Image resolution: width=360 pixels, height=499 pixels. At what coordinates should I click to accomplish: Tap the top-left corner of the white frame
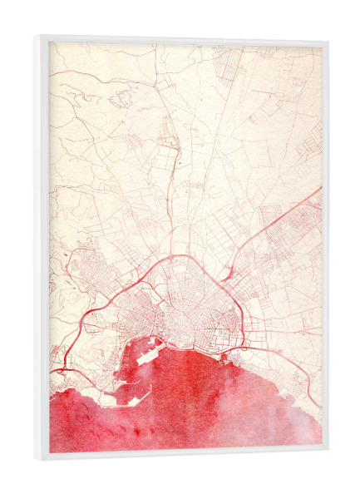click(x=37, y=36)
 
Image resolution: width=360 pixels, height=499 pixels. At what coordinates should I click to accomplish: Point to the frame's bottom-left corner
click(x=37, y=460)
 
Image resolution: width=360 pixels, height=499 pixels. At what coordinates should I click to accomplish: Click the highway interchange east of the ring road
click(x=227, y=270)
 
